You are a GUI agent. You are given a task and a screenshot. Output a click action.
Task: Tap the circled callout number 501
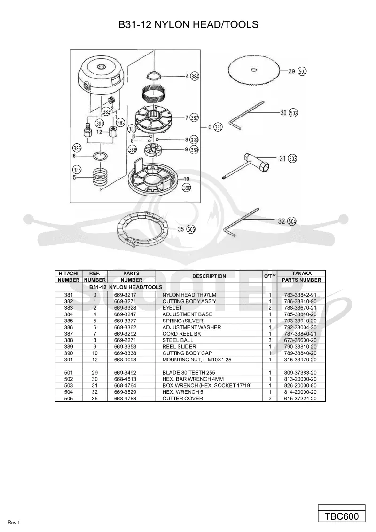point(302,71)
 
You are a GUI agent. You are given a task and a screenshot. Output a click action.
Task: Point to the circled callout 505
point(191,230)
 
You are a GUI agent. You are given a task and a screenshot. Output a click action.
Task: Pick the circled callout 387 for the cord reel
point(194,118)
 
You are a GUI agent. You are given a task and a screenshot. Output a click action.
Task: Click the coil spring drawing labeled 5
point(101,173)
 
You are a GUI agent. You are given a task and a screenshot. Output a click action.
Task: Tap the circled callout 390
point(186,188)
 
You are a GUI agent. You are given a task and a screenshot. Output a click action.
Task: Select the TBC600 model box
point(342,516)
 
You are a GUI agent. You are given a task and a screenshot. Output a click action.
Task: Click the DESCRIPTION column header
point(209,276)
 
